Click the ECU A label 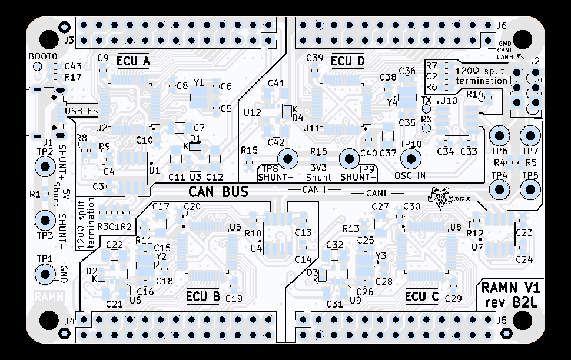[x=134, y=61]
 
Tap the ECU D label [x=348, y=61]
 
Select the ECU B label [x=202, y=296]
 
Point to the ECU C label [x=422, y=296]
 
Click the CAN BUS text [x=218, y=192]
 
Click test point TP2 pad [x=45, y=166]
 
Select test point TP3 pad [x=45, y=221]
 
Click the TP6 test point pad [x=499, y=136]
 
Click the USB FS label [x=81, y=111]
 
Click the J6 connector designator [x=502, y=25]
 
